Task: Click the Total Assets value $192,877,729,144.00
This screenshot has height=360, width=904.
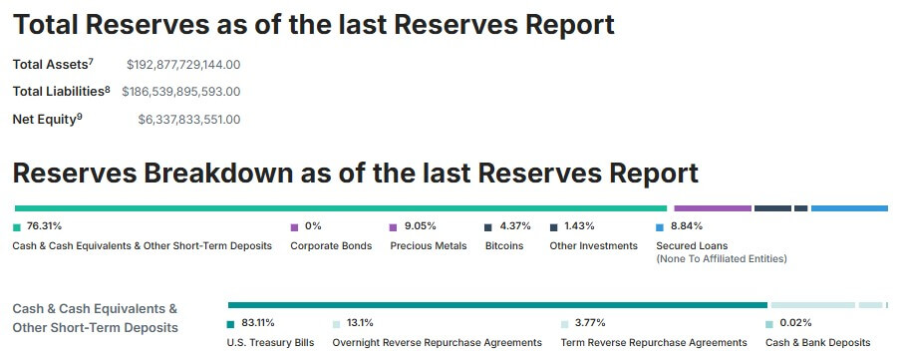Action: pyautogui.click(x=183, y=65)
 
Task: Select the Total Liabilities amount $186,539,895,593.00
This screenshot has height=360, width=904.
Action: pyautogui.click(x=180, y=92)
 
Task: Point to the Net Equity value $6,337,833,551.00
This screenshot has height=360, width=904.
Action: pyautogui.click(x=189, y=120)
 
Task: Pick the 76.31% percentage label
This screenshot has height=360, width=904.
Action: pyautogui.click(x=44, y=226)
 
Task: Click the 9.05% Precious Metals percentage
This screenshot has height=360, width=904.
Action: pyautogui.click(x=420, y=226)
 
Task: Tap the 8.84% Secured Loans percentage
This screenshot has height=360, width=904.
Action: pyautogui.click(x=687, y=226)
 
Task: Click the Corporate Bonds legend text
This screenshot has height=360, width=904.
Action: pyautogui.click(x=331, y=246)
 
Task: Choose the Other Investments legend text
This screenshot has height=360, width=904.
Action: pyautogui.click(x=593, y=246)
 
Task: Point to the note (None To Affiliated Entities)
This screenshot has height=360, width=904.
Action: pyautogui.click(x=722, y=259)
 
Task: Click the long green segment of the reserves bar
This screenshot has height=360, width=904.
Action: pyautogui.click(x=340, y=208)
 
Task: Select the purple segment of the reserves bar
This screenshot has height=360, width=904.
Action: pyautogui.click(x=713, y=208)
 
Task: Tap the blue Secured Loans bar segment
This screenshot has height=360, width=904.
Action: pyautogui.click(x=849, y=208)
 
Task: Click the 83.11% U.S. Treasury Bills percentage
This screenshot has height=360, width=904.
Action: pyautogui.click(x=258, y=323)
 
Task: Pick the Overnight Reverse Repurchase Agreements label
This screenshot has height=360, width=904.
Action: pyautogui.click(x=437, y=343)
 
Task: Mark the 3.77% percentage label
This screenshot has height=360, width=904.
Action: pyautogui.click(x=590, y=323)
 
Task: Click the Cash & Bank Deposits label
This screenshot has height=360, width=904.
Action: pyautogui.click(x=817, y=343)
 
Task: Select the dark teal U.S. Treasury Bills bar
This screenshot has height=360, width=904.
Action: pyautogui.click(x=497, y=304)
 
